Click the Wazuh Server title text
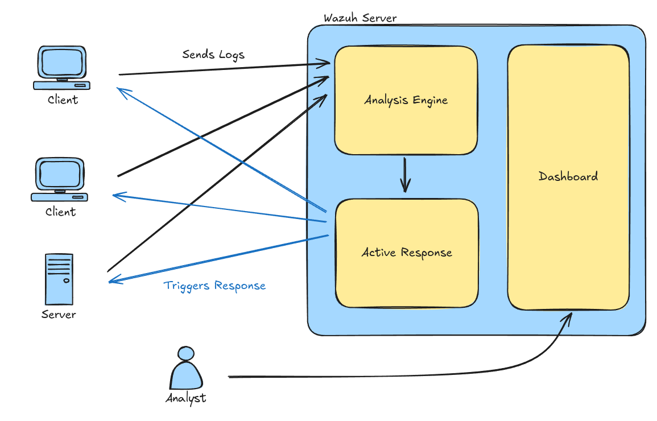(x=360, y=18)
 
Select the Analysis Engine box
(x=406, y=100)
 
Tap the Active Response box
(x=407, y=252)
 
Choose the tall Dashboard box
(x=568, y=176)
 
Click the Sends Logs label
(x=213, y=55)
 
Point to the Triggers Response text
(x=214, y=286)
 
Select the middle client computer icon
(x=60, y=180)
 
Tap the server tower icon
(x=59, y=279)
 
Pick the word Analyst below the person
(x=185, y=398)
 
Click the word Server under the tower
(x=59, y=314)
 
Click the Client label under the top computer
(x=63, y=100)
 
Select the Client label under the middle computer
(x=60, y=212)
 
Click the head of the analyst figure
(x=185, y=353)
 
